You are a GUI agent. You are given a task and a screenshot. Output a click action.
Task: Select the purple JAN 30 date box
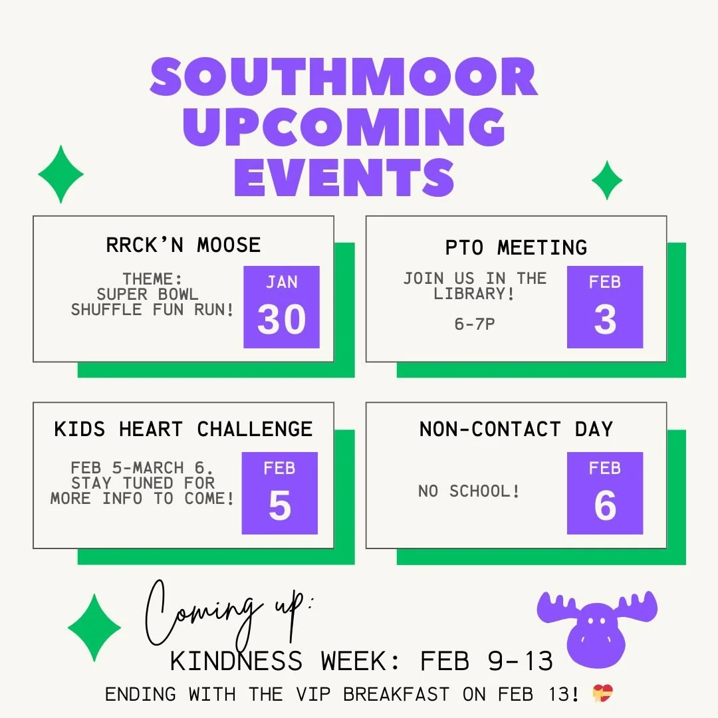coord(281,307)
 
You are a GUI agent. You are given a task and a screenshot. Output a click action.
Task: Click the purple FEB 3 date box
coord(604,307)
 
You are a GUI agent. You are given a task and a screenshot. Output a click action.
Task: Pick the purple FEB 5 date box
coord(279,493)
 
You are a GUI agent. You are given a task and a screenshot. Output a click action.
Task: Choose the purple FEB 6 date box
coord(604,493)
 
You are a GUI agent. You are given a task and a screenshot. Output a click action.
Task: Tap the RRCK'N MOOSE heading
coord(183,245)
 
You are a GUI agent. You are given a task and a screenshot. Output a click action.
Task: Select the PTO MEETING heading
coord(516,247)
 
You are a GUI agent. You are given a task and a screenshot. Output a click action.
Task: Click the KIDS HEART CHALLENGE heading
coord(183,429)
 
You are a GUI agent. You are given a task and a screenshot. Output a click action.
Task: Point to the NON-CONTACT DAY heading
coord(516,429)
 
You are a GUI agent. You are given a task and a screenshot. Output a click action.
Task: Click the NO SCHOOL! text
coord(469,492)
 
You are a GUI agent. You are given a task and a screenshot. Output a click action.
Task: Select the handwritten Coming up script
coord(226,612)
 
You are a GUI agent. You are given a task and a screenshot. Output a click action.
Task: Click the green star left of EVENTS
coord(60,174)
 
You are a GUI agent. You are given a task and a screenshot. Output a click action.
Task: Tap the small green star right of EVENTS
coord(607,179)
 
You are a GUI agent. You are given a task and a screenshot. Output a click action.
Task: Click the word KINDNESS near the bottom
coord(236,661)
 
